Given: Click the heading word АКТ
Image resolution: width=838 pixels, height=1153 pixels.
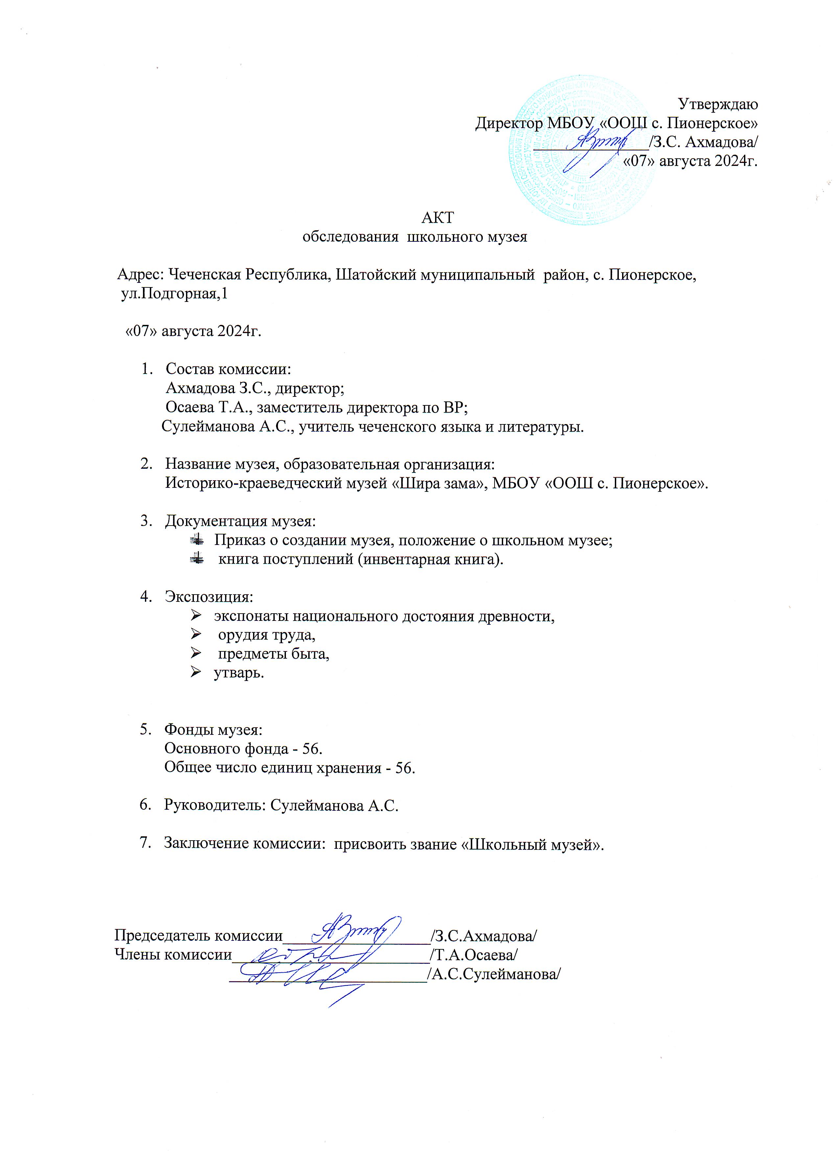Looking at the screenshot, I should (437, 217).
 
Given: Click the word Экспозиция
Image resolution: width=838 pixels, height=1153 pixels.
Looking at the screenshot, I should (208, 596).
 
